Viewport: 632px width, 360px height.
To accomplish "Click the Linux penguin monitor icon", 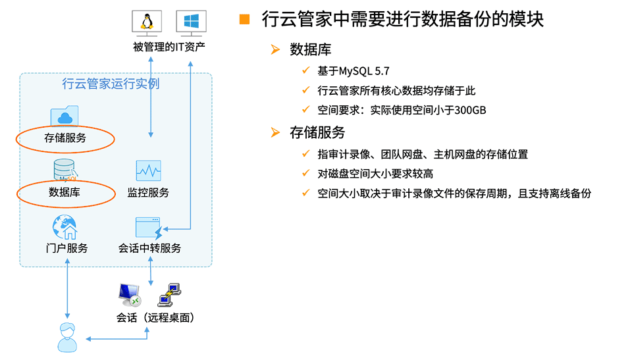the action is (147, 24).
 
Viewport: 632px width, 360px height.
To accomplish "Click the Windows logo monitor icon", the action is (191, 24).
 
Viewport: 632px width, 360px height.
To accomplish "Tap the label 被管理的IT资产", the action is (169, 47).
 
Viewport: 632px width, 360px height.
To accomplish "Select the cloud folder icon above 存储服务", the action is (65, 116).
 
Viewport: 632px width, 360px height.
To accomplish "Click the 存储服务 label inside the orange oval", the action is (65, 138).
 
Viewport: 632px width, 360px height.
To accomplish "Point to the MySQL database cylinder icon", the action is (65, 170).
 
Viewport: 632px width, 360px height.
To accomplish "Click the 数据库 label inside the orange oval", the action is (65, 192).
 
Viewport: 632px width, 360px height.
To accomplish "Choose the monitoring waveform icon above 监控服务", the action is (148, 170).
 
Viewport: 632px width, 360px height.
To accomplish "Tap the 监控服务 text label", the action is (148, 193).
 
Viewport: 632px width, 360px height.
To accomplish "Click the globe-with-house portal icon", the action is (65, 227).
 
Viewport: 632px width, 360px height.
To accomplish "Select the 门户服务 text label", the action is (67, 248).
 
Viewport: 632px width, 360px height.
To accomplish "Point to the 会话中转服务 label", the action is (149, 248).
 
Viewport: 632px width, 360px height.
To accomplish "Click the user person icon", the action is (67, 338).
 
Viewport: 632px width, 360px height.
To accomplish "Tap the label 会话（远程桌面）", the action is (155, 318).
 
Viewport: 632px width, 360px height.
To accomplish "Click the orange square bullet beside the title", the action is (244, 19).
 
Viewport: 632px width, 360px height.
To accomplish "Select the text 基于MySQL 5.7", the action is (354, 71).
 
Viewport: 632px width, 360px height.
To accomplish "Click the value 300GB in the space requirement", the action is (470, 110).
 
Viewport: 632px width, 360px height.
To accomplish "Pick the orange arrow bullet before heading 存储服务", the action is (275, 132).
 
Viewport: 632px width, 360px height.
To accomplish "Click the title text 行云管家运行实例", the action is (111, 84).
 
